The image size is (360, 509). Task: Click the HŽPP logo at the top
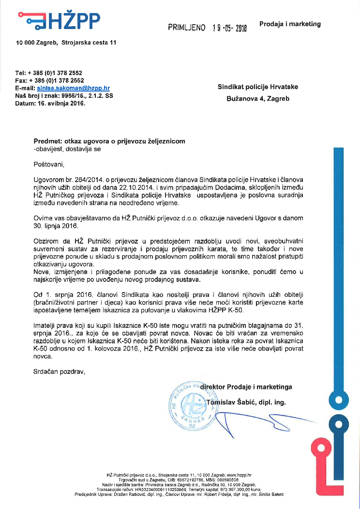59,20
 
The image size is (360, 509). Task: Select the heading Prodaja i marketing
290,24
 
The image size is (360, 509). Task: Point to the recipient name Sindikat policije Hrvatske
258,87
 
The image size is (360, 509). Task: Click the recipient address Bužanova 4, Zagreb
258,98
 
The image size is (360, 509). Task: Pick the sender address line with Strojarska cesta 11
66,43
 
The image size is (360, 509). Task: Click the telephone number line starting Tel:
49,73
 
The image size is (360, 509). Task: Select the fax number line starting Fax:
49,80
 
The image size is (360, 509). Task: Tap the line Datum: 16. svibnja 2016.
50,103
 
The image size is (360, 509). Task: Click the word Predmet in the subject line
47,141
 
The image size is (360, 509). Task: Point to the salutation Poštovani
48,164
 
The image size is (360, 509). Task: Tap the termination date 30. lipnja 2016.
57,225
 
